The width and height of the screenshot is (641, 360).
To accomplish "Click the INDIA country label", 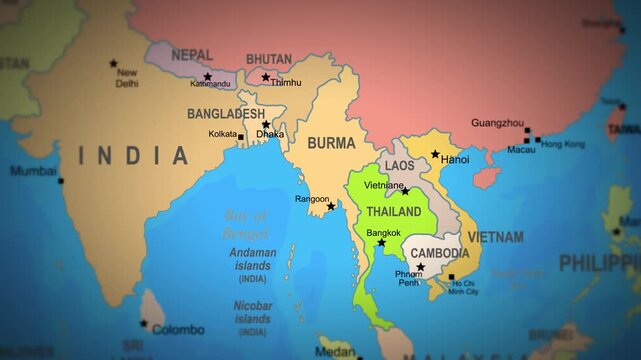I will pos(134,156).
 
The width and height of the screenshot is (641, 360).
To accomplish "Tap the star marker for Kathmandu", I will pos(208,77).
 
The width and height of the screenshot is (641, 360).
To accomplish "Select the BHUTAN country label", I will pos(269,59).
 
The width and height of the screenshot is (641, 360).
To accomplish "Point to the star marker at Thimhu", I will pos(266,77).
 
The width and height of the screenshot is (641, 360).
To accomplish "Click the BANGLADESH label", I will pos(225,115).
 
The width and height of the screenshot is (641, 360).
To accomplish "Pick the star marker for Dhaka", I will pos(265,125).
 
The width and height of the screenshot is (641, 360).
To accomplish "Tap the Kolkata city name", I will pos(222,134).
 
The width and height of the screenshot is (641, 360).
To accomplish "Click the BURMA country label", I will pos(331,143).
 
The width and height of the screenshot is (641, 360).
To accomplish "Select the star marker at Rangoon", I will pos(331,206).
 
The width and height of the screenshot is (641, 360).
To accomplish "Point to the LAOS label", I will pos(400,165).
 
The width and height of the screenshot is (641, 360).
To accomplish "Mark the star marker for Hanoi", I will pos(435,155).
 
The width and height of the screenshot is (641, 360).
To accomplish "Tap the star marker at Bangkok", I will pos(381,243).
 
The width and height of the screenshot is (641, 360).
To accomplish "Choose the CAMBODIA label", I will pos(440,253).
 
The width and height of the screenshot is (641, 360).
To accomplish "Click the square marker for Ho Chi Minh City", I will pos(451,277).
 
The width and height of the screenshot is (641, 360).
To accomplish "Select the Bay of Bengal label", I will pos(246,225).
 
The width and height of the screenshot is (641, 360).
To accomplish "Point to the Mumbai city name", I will pos(33,171).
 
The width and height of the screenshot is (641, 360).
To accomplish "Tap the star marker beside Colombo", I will pos(143,324).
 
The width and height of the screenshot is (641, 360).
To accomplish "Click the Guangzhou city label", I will pos(497,123).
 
